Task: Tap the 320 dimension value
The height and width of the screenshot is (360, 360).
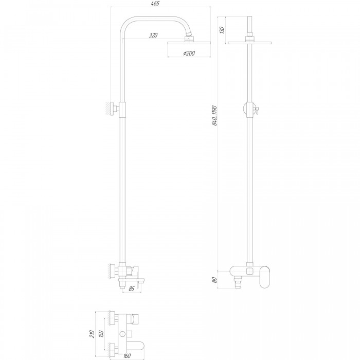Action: (x=153, y=35)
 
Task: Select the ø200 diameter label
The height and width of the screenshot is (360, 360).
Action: (x=189, y=53)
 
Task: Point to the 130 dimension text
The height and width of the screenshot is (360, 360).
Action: (x=222, y=30)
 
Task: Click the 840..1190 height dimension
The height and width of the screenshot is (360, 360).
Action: (x=214, y=116)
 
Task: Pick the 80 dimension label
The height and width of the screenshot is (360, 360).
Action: (x=214, y=280)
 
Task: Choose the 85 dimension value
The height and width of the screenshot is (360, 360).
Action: (x=131, y=289)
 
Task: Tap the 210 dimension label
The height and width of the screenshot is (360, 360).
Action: (x=92, y=334)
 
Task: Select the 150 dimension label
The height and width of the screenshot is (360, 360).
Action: (x=101, y=334)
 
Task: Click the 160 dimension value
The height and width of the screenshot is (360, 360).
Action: (x=127, y=356)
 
